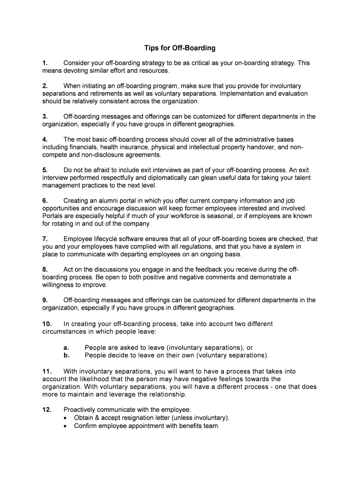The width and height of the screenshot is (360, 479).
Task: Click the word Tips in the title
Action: (x=151, y=48)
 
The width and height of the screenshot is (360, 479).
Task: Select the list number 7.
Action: (x=44, y=239)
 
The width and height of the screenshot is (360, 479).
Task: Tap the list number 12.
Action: (x=47, y=409)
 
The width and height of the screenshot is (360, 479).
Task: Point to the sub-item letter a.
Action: (x=66, y=348)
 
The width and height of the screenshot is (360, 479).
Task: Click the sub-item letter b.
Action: (x=66, y=355)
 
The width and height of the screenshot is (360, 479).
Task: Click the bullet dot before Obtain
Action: (x=66, y=418)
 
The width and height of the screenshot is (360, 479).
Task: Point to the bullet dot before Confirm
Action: (x=66, y=426)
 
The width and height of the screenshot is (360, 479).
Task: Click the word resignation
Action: (x=141, y=418)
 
